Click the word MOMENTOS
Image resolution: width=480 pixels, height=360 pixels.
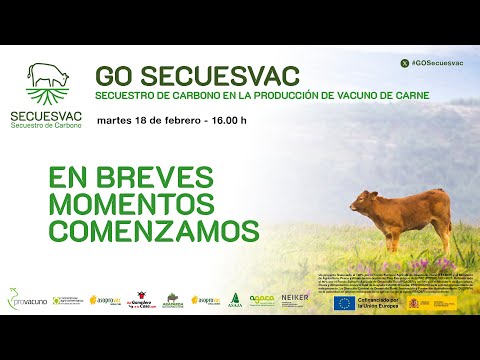click(131, 204)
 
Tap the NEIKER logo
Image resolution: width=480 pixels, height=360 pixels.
click(295, 299)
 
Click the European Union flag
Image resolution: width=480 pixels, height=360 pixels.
click(344, 303)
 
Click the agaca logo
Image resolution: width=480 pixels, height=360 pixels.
click(262, 299)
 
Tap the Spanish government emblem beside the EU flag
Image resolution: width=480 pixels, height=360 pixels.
click(417, 303)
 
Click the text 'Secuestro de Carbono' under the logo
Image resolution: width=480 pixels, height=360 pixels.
click(49, 126)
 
